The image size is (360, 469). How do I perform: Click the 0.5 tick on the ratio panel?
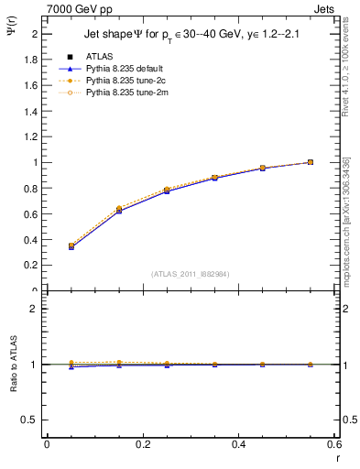pyautogui.click(x=32, y=420)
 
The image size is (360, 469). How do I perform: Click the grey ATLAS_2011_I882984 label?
pyautogui.click(x=191, y=273)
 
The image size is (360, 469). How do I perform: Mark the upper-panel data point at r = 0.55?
pyautogui.click(x=311, y=162)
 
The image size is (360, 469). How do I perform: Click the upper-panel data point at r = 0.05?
pyautogui.click(x=71, y=246)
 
